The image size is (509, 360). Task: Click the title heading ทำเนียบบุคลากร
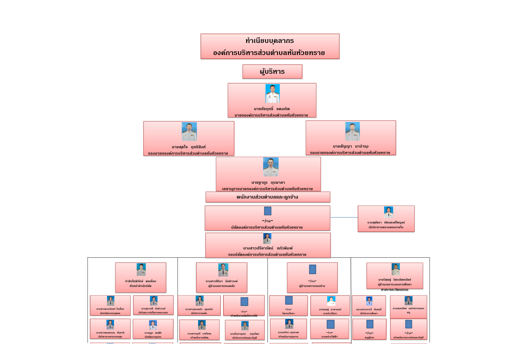(269, 41)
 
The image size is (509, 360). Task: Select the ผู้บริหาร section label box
(272, 72)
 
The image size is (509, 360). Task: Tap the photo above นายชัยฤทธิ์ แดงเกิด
(272, 93)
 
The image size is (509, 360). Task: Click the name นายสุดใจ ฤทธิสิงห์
(188, 147)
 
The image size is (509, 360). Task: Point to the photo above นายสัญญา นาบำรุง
(352, 131)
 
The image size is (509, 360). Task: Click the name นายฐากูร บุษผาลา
(268, 182)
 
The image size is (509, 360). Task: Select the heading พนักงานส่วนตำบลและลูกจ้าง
(267, 197)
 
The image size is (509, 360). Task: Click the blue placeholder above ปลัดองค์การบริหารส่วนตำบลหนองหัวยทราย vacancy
(268, 211)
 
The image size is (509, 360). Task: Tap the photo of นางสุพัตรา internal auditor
(388, 212)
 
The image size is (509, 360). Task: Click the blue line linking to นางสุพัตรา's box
(344, 217)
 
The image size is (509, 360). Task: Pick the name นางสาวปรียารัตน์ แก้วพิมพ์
(268, 248)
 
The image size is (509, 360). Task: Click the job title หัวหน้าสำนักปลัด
(140, 286)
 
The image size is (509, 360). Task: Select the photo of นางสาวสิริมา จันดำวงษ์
(223, 270)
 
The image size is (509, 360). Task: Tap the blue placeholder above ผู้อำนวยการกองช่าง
(312, 269)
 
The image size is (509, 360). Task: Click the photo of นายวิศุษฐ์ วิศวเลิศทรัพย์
(396, 269)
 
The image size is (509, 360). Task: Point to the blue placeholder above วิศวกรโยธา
(289, 300)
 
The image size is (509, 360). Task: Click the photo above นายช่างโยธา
(331, 301)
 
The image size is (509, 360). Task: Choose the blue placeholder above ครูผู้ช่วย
(370, 324)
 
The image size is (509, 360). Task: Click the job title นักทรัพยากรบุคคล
(110, 313)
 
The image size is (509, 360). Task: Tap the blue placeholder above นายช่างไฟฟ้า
(331, 324)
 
